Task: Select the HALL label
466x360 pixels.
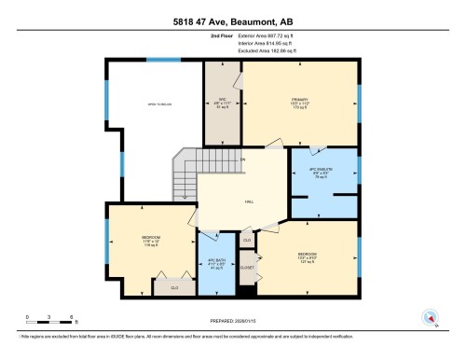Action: click(250, 201)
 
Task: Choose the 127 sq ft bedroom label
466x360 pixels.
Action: click(306, 257)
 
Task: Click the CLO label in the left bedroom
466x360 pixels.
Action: click(173, 287)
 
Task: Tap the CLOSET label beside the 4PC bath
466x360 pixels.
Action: click(247, 267)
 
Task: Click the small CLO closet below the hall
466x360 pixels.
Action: click(247, 240)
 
